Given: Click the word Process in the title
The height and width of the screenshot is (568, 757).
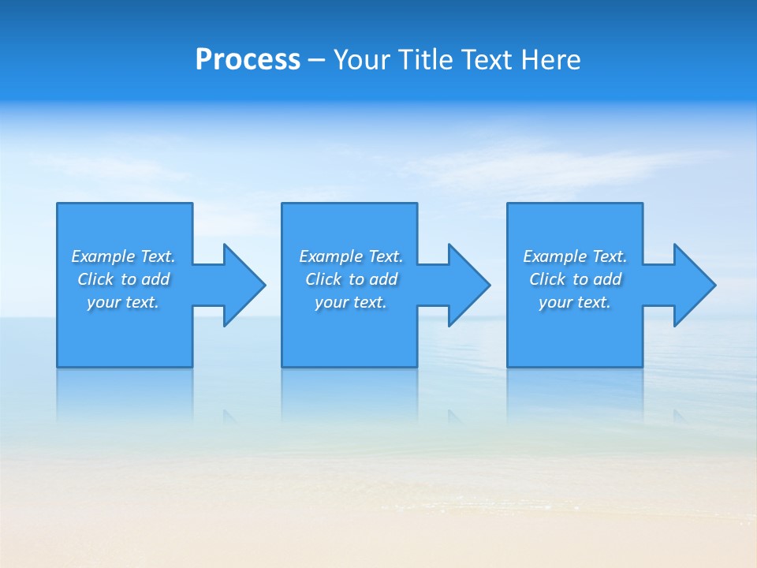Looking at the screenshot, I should click(x=248, y=60).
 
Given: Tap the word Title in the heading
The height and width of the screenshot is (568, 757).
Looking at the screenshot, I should click(x=427, y=60).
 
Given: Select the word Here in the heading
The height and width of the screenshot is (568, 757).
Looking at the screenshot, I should click(x=551, y=60).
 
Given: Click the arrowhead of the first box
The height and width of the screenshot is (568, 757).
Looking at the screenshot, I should click(x=244, y=285).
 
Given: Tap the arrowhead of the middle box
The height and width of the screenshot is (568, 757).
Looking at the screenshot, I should click(x=468, y=285).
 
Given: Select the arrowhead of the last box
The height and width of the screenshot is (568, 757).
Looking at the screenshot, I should click(x=694, y=285).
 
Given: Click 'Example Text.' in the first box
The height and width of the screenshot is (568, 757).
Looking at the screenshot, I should click(x=123, y=256).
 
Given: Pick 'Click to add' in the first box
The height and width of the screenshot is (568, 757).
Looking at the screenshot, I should click(x=123, y=279).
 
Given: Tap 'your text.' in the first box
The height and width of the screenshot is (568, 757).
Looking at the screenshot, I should click(x=123, y=302).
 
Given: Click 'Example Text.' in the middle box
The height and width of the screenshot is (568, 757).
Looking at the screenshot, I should click(x=351, y=256).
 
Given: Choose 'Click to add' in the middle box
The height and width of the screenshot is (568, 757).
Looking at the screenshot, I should click(x=351, y=279).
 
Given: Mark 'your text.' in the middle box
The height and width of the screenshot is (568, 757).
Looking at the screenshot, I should click(x=351, y=302).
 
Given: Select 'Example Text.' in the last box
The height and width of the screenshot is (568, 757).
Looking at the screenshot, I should click(x=575, y=256).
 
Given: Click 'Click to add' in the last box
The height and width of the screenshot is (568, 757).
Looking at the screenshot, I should click(x=575, y=279).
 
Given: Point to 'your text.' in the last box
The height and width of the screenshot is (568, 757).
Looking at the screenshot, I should click(x=575, y=302).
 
